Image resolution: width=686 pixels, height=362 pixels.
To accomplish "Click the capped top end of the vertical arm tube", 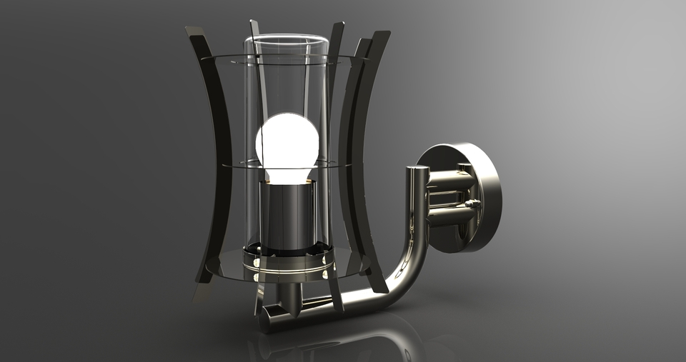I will tap(417, 171).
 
